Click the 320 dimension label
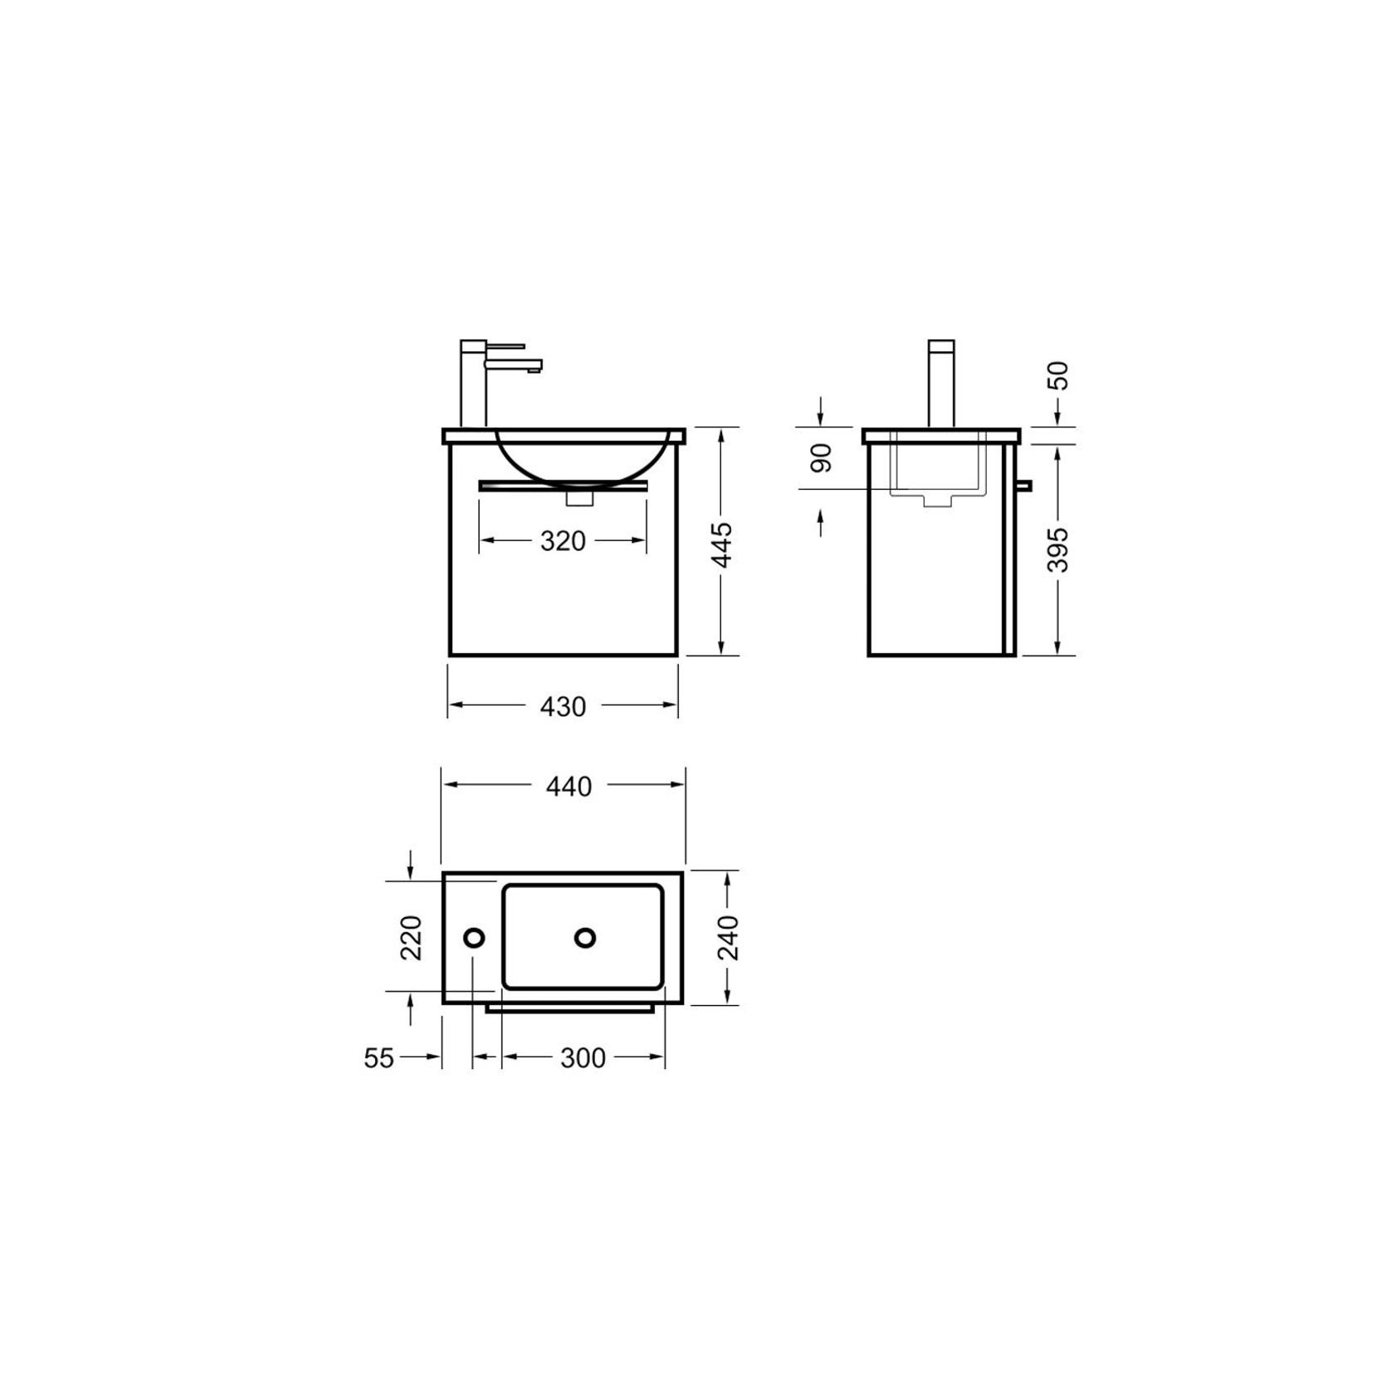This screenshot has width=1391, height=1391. point(563,541)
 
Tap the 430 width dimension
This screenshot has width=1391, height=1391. point(563,706)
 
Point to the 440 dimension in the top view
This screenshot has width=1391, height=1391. point(569,786)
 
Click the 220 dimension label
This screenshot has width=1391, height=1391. point(412,937)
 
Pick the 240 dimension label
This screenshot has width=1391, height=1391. point(728,937)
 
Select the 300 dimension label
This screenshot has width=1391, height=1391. point(583,1058)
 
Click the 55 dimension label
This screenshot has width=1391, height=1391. point(378,1058)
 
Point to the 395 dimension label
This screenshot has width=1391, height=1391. point(1058,549)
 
